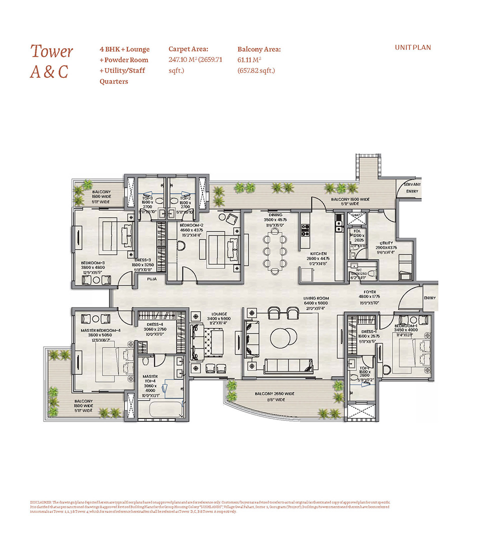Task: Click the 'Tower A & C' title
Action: coord(51,61)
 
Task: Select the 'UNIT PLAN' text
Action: coord(412,48)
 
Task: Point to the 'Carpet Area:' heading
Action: coord(188,49)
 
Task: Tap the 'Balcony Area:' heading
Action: coord(259,49)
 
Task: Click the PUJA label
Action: coord(151,280)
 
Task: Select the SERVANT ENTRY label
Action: coord(413,187)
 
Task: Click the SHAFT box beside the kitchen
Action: coord(356,216)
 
